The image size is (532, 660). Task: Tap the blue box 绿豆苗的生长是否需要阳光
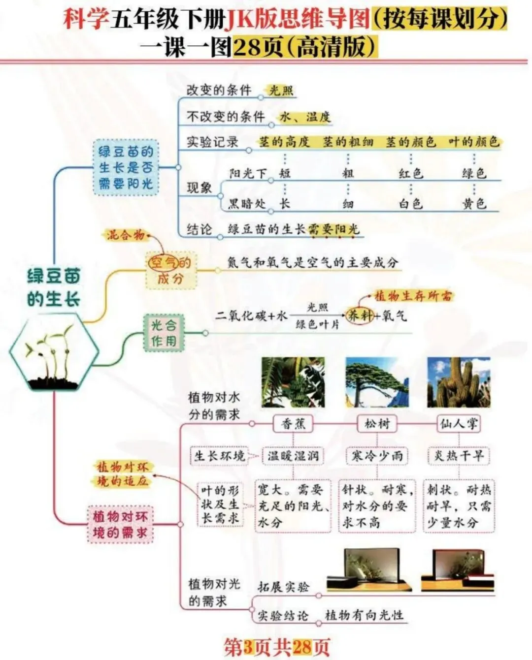126,167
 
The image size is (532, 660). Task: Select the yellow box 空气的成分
170,271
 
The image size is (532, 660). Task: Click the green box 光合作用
163,333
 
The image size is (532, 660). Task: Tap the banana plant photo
293,382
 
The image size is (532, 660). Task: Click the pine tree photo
377,382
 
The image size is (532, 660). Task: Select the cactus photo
459,382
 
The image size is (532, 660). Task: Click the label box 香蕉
293,424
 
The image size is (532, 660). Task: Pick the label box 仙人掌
459,424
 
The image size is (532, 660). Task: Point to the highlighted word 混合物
126,235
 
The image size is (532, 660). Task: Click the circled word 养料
360,315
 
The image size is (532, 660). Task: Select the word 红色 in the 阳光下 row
411,173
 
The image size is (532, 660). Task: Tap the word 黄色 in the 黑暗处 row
474,203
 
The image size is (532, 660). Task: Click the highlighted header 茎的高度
284,142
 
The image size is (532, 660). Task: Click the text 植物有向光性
364,615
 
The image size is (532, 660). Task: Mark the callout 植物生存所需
413,296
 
